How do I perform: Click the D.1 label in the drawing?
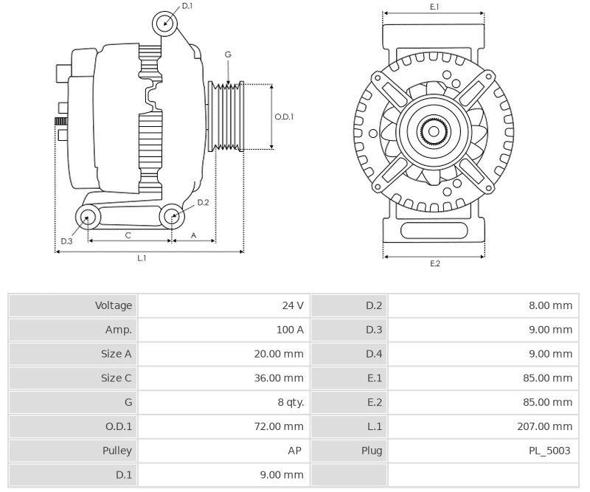click(x=187, y=6)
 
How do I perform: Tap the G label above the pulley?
click(x=228, y=55)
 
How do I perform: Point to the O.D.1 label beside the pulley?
click(x=284, y=117)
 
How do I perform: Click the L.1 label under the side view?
click(x=142, y=257)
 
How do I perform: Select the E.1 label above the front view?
click(x=434, y=7)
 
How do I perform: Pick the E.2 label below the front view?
click(x=434, y=263)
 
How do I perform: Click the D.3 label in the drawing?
click(x=66, y=240)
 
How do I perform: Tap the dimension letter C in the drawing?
click(x=128, y=235)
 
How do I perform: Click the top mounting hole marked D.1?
click(x=165, y=24)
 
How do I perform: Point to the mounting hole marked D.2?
click(x=172, y=216)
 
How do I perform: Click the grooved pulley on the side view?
click(x=230, y=117)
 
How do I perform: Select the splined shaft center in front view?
click(x=433, y=132)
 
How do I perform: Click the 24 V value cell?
click(x=292, y=305)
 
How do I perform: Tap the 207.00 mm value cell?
click(x=546, y=426)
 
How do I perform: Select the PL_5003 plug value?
click(x=550, y=451)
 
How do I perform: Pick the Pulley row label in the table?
click(x=117, y=451)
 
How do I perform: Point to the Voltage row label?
click(x=114, y=305)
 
